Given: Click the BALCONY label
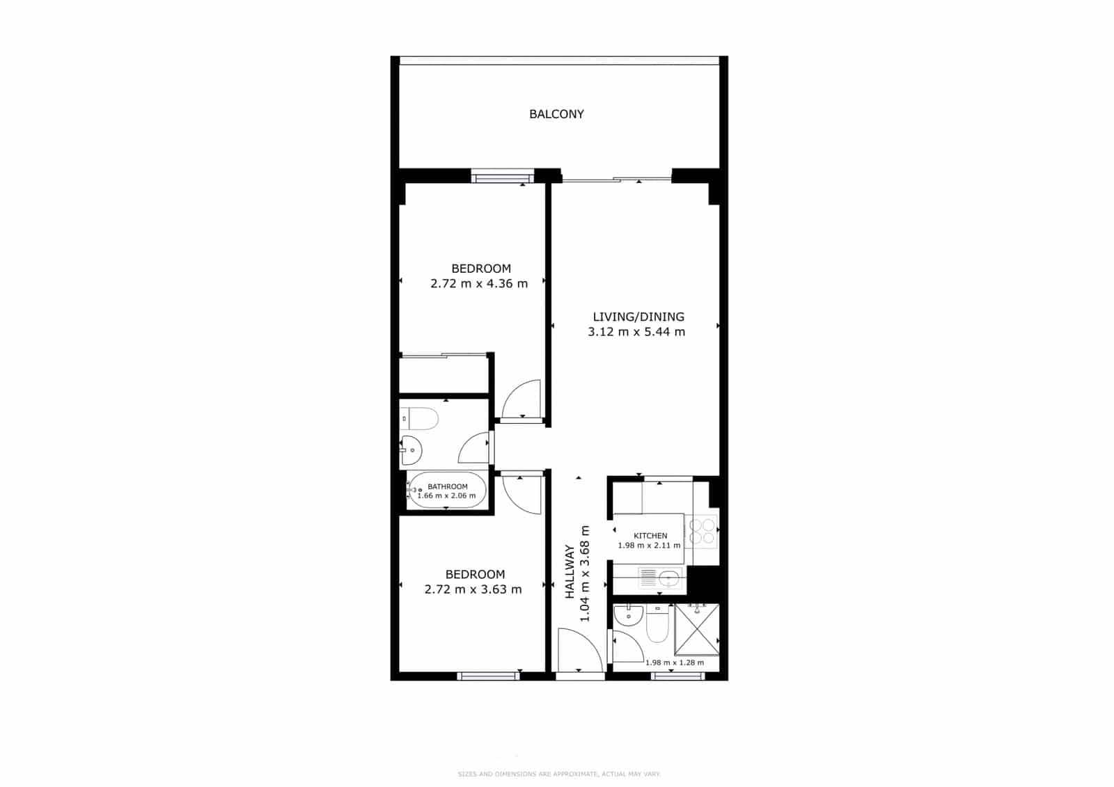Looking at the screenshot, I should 556,114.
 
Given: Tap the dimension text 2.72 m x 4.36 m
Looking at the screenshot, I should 479,284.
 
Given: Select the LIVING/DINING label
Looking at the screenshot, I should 638,317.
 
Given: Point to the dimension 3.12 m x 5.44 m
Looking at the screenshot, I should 636,332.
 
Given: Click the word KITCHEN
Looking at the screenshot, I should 650,536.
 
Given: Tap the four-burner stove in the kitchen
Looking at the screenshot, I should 702,531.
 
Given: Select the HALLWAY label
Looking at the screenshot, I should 570,572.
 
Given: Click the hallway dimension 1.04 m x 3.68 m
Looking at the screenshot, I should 585,573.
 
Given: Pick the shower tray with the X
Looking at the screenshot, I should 697,629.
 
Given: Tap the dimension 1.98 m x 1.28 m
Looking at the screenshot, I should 674,662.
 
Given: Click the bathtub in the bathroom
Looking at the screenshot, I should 446,491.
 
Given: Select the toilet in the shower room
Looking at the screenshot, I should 657,625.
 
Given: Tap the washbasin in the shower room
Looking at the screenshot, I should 629,616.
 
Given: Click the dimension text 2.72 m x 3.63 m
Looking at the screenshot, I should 473,590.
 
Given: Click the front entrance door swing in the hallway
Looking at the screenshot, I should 579,651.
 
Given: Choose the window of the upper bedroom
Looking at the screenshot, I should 502,177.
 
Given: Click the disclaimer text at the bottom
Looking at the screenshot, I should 558,774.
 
